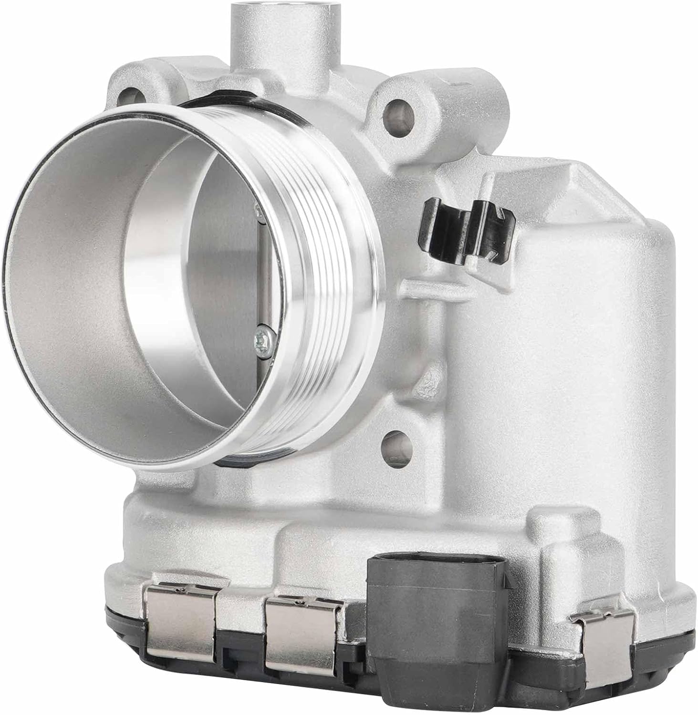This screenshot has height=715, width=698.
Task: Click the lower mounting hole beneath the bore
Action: [x=396, y=445]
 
